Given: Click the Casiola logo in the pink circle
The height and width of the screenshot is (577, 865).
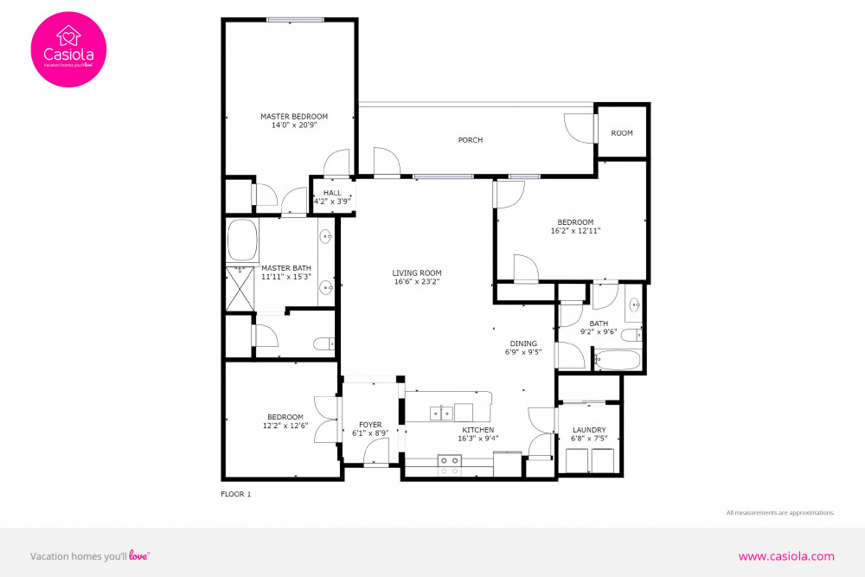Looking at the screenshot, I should (x=68, y=49).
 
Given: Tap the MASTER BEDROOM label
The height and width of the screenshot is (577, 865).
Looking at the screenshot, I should (x=294, y=116).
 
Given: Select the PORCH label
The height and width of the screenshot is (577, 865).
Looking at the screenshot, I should (x=471, y=140).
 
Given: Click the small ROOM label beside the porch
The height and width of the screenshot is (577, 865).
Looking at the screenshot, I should (x=622, y=133).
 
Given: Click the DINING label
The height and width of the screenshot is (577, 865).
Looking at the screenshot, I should (x=522, y=343).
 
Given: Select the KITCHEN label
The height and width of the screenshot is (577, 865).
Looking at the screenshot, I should (x=477, y=430).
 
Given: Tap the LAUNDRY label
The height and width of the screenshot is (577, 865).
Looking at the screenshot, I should (x=588, y=430).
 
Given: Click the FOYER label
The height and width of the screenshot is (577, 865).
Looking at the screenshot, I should (x=370, y=425).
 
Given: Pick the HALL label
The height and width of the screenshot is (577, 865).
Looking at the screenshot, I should (x=332, y=193).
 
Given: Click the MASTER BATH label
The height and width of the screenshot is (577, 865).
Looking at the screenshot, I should (x=285, y=268).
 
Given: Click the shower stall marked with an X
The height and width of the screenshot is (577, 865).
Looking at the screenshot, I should (x=241, y=288).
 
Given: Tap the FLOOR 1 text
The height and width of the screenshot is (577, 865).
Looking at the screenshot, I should (x=235, y=494).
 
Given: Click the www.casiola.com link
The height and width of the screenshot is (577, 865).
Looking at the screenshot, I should (x=785, y=556).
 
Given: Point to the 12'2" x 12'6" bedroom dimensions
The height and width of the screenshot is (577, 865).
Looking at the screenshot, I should (x=285, y=425).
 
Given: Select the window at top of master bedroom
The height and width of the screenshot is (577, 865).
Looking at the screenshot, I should (x=295, y=19).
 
